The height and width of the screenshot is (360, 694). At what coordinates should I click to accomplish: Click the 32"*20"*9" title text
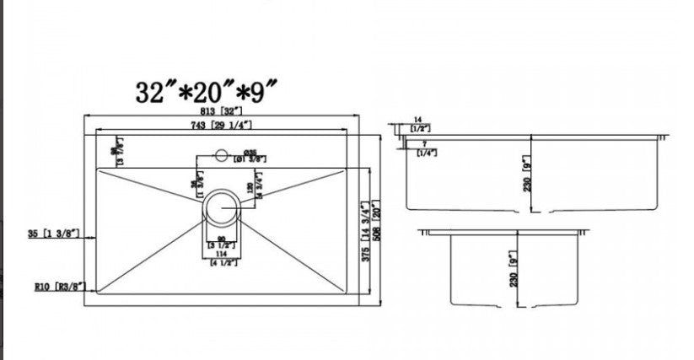coord(207,90)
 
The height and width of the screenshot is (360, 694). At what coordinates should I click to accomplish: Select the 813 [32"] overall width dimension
coord(222,110)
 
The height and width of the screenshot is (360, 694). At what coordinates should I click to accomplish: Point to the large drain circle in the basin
coord(223,205)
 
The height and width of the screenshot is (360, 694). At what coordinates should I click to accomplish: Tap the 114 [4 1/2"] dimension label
coord(223,257)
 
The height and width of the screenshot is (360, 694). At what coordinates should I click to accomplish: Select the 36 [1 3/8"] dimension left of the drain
coord(195,186)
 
